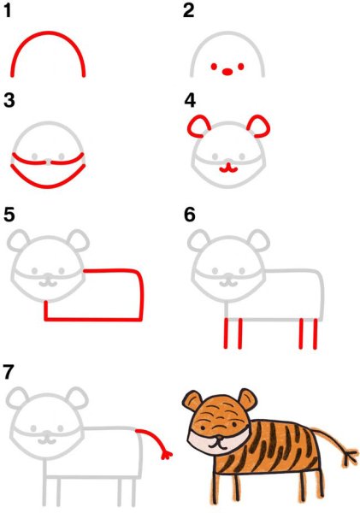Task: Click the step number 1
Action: pyautogui.click(x=9, y=10)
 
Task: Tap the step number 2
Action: pyautogui.click(x=188, y=10)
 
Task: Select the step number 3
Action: pyautogui.click(x=9, y=100)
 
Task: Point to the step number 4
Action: pyautogui.click(x=190, y=100)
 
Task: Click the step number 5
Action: pyautogui.click(x=9, y=215)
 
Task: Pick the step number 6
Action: pyautogui.click(x=190, y=215)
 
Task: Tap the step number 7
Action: pyautogui.click(x=9, y=372)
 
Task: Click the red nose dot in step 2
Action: pyautogui.click(x=227, y=71)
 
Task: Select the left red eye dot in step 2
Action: pyautogui.click(x=214, y=67)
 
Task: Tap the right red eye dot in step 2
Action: pyautogui.click(x=241, y=67)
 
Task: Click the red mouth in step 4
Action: pyautogui.click(x=228, y=169)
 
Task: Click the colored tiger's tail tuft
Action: pyautogui.click(x=351, y=456)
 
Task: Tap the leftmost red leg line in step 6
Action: pyautogui.click(x=226, y=333)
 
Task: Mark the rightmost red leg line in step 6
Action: pyautogui.click(x=316, y=333)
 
